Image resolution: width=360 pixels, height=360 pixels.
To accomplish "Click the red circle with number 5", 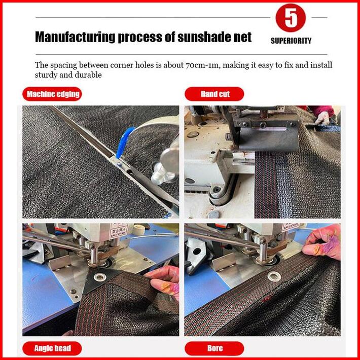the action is pos(291,18).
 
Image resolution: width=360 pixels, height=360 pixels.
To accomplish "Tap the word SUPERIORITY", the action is pos(291,41).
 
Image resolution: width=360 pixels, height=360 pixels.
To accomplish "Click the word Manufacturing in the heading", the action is pos(75,37).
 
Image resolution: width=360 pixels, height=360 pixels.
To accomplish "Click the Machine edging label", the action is pos(52,94).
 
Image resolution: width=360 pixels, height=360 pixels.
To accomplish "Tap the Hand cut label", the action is pos(214,94).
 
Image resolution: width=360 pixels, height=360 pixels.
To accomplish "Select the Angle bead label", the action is pos(52,348).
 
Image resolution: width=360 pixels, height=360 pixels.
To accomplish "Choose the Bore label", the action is pos(214,348).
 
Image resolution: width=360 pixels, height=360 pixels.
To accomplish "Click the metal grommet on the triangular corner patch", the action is pos(100,277).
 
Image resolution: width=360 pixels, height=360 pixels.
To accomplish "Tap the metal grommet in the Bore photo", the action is pos(274,276).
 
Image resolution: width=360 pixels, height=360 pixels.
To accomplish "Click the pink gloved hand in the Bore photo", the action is pos(322,242).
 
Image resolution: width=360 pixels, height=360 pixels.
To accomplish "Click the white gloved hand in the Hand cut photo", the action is pos(322,118).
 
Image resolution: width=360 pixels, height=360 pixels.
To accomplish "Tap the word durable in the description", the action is pos(88,75).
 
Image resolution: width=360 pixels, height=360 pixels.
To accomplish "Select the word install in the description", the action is pos(321,65).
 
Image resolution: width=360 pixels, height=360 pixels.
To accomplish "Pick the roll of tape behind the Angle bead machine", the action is pos(139,230).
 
